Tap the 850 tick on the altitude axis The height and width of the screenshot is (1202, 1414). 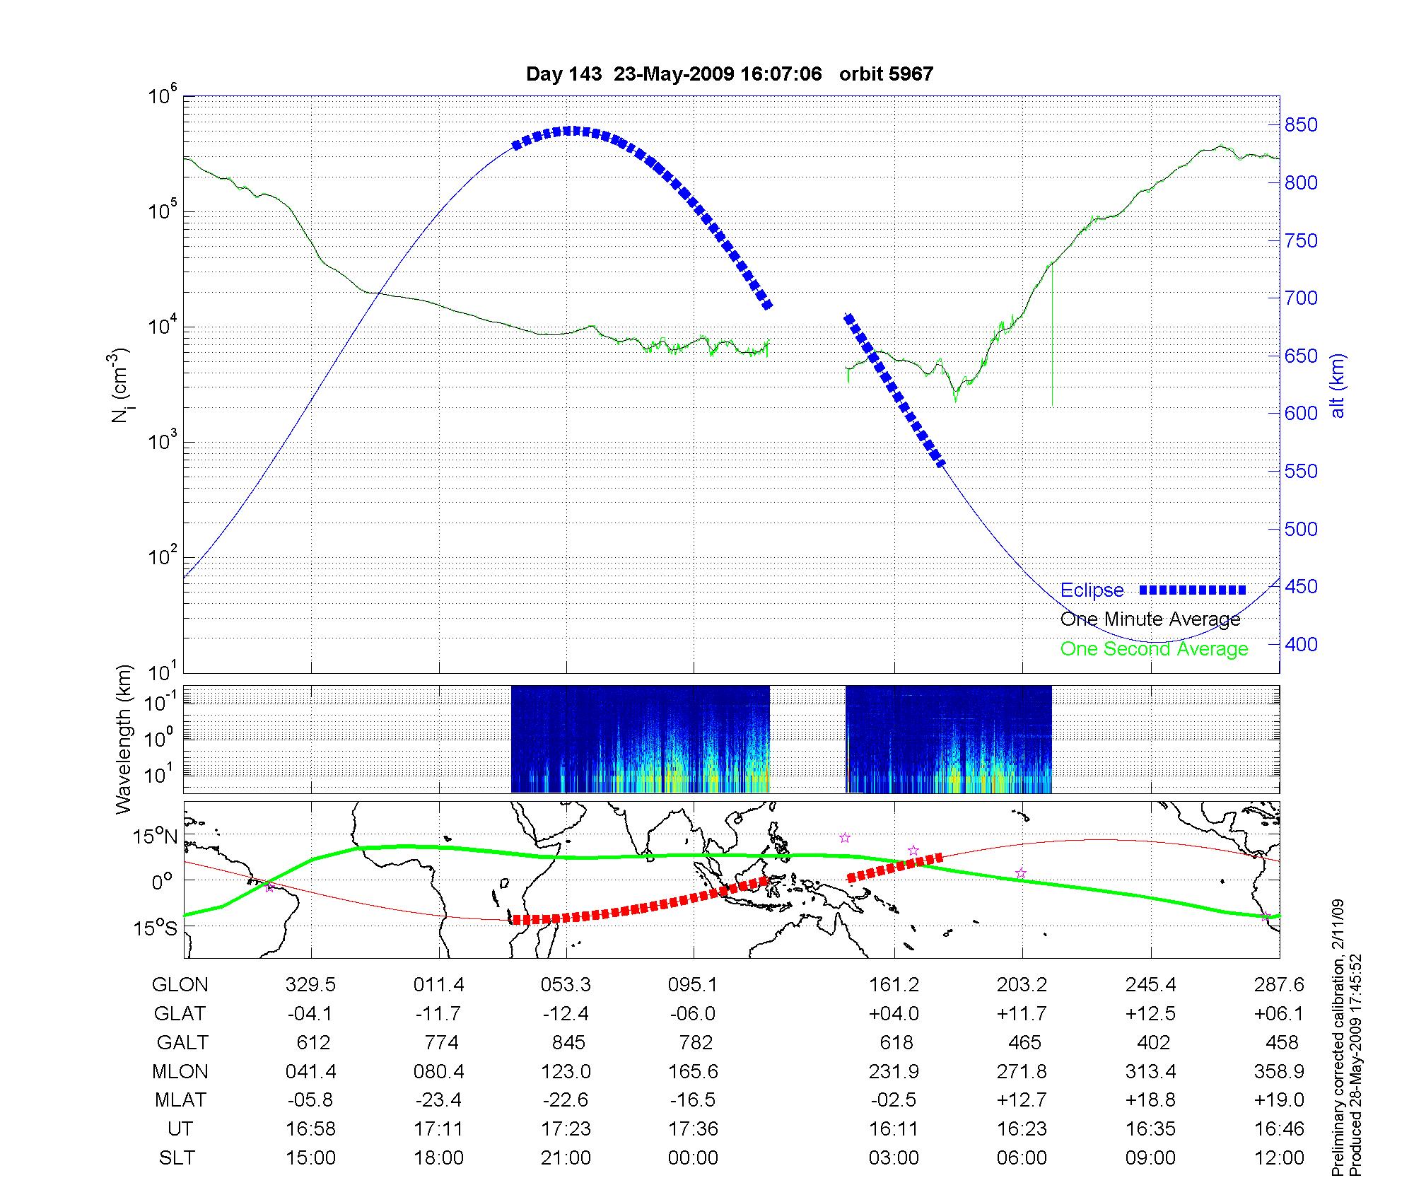click(1301, 125)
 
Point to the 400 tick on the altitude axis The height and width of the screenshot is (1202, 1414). click(1301, 645)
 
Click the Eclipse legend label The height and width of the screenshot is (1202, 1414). click(1092, 590)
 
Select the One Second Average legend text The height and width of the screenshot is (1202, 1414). click(1154, 649)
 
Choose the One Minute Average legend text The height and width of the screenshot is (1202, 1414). click(1150, 620)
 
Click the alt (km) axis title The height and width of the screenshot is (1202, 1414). click(1338, 386)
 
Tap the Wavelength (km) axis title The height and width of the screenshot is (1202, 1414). click(124, 740)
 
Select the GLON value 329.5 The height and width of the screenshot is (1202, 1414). click(311, 985)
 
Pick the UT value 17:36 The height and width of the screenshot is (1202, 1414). click(693, 1129)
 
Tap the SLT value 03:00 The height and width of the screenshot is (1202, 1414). click(894, 1158)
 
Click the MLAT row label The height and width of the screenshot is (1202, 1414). click(180, 1100)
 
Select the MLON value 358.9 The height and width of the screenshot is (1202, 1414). click(1279, 1072)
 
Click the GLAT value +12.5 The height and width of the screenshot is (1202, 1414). click(1150, 1014)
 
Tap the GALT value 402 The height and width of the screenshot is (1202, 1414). click(1153, 1043)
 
